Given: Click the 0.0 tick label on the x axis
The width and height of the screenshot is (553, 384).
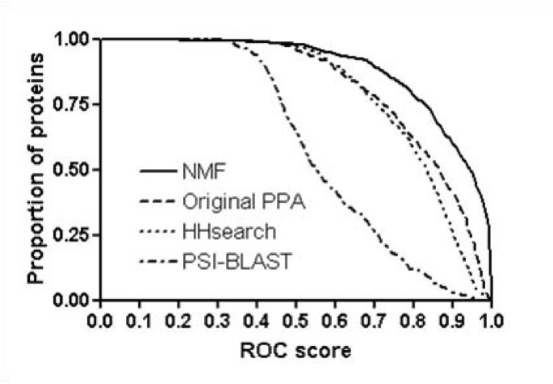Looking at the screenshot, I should [100, 321].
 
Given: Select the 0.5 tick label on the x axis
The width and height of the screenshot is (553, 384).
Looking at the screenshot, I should [295, 321].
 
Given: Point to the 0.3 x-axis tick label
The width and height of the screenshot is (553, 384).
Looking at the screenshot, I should [217, 321].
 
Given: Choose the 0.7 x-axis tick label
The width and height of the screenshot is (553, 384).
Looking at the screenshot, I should [374, 321].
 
